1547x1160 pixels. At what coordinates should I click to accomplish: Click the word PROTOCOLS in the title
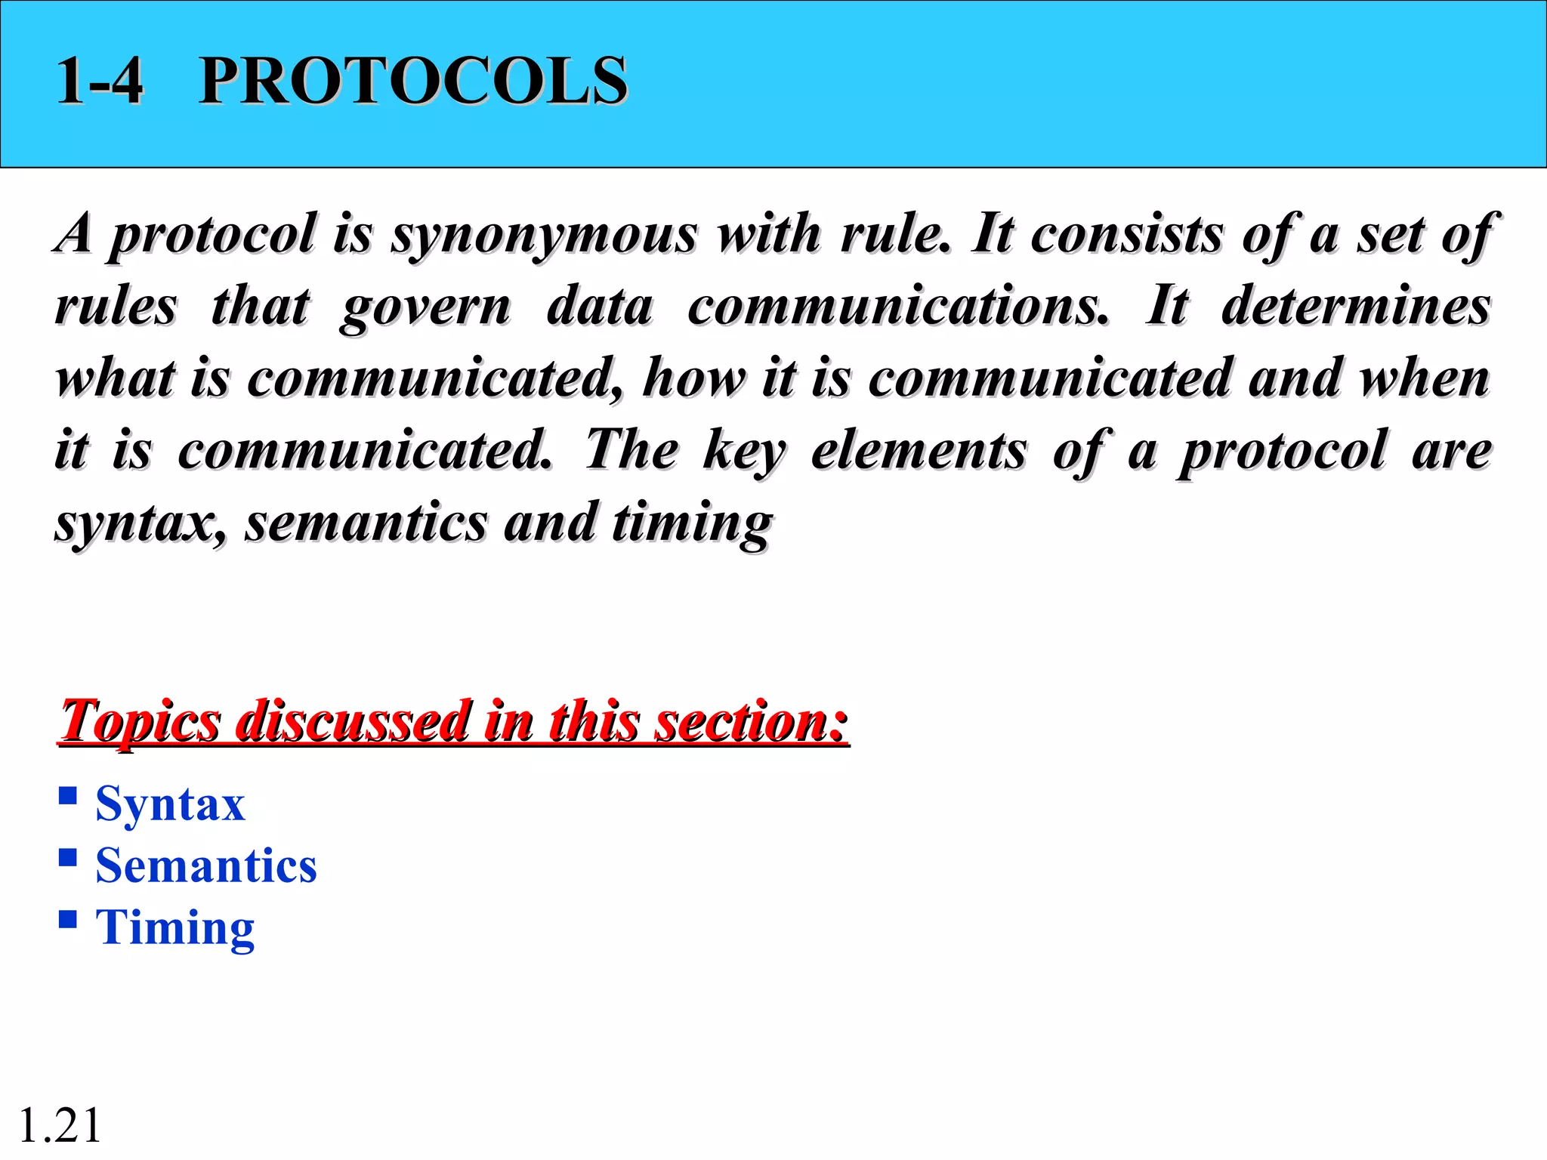coord(412,81)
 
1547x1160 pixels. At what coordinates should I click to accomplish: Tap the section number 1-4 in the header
coord(99,81)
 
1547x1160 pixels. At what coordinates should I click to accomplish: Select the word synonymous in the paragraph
coord(544,234)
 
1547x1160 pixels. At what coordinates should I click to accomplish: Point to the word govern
coord(425,307)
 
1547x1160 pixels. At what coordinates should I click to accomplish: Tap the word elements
coord(919,450)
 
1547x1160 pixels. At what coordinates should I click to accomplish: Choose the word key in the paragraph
coord(744,452)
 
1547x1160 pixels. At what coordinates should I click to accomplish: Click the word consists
coord(1126,234)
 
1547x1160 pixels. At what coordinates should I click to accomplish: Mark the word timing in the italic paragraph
coord(692,523)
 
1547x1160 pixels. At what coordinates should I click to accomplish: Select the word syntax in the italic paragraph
coord(140,523)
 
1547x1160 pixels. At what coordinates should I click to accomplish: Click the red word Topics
coord(140,721)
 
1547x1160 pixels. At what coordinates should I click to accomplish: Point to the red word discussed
coord(351,721)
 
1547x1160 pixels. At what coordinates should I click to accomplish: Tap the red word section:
coord(751,721)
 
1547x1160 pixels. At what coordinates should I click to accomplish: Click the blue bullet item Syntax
coord(170,804)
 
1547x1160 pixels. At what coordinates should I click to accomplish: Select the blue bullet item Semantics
coord(205,865)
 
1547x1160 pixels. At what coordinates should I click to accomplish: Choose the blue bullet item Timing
coord(174,927)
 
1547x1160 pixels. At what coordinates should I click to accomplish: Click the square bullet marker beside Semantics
coord(68,857)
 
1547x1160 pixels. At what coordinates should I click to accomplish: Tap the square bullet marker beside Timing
coord(68,918)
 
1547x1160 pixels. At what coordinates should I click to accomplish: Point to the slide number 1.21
coord(60,1125)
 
